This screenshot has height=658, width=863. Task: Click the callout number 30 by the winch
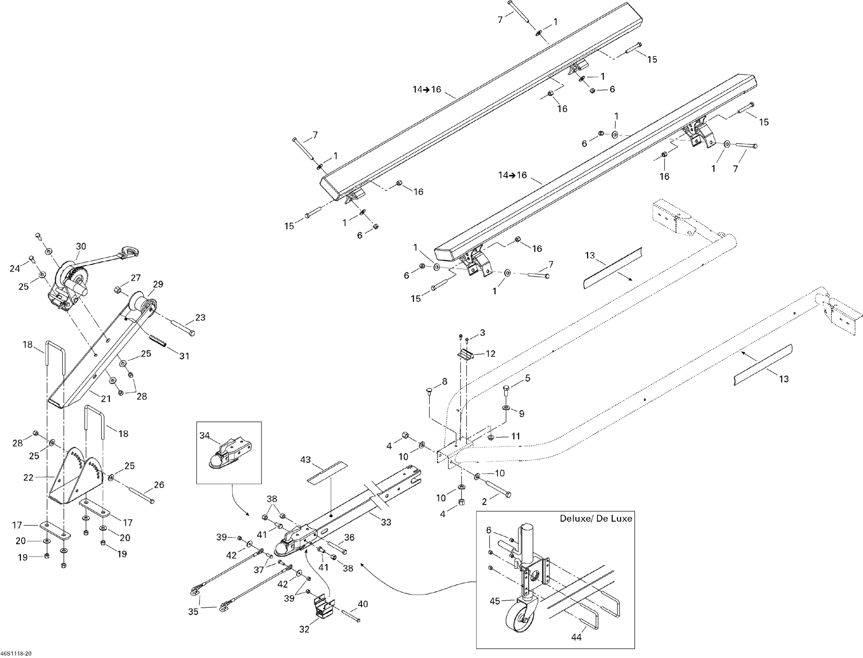(81, 246)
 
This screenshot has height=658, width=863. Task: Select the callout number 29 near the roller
(158, 284)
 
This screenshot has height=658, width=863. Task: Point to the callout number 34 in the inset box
(205, 435)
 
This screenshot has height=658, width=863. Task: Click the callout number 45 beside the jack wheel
(495, 601)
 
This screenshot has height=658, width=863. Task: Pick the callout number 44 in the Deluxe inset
(576, 637)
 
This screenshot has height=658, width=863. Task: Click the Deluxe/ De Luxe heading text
(596, 519)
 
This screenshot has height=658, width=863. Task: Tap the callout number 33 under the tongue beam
(386, 522)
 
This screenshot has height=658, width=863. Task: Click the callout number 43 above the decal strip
(305, 459)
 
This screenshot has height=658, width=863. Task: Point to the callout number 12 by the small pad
(491, 354)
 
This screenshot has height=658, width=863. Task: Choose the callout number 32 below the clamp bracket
(304, 629)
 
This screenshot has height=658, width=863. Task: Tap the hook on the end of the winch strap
(129, 252)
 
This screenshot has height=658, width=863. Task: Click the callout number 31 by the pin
(184, 356)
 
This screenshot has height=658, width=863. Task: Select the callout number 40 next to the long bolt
(363, 604)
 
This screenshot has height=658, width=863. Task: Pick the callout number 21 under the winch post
(106, 399)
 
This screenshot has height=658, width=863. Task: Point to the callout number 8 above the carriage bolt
(444, 381)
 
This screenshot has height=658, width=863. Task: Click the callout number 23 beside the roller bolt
(200, 318)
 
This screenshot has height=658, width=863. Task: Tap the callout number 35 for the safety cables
(193, 612)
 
